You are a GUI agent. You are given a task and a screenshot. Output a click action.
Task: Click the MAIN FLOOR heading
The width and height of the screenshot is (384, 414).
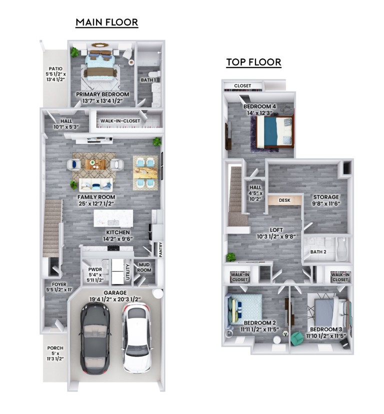[107, 22]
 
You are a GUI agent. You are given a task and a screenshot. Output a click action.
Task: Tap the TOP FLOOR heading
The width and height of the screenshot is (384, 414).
[253, 62]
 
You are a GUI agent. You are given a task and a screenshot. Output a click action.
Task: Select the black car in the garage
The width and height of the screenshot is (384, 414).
[95, 338]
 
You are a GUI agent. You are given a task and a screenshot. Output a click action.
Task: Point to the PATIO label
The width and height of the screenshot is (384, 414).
[55, 69]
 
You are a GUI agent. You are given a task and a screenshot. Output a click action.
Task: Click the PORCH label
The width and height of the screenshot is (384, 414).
[55, 348]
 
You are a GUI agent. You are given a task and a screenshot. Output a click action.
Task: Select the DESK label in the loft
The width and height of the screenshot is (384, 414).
[284, 200]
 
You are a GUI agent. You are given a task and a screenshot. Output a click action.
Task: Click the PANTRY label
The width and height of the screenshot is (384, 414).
[160, 250]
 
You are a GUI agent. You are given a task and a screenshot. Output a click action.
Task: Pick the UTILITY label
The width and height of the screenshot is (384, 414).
[128, 272]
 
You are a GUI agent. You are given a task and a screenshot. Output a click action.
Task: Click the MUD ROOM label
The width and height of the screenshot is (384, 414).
[144, 267]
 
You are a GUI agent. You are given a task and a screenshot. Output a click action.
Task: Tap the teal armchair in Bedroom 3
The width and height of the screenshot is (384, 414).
[297, 339]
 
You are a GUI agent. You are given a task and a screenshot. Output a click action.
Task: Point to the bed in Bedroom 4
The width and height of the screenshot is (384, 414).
[275, 131]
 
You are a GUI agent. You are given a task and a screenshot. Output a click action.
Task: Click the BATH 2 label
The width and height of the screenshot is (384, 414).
[318, 252]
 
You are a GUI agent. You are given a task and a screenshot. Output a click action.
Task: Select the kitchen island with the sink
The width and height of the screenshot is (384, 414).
[113, 219]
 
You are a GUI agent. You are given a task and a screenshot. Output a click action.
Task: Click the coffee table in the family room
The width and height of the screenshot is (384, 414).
[95, 164]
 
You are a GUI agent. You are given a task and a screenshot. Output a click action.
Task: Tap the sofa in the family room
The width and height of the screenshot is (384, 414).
[96, 185]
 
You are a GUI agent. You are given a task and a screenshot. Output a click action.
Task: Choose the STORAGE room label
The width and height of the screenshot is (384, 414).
[326, 197]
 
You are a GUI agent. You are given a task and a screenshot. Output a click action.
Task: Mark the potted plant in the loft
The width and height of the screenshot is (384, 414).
[231, 257]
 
